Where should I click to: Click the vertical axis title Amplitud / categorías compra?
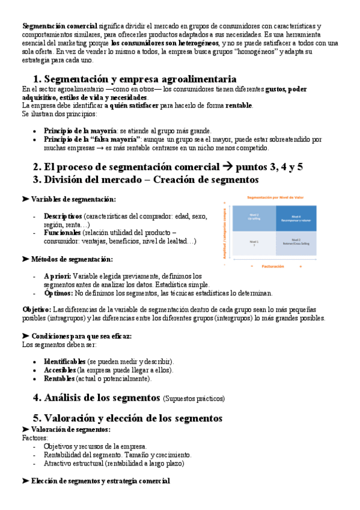[224, 231]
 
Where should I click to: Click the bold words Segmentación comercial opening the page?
[59, 26]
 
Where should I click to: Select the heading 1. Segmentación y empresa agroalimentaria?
[134, 79]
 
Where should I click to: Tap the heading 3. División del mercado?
[146, 179]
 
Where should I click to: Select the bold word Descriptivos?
[63, 216]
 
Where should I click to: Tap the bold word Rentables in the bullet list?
[59, 379]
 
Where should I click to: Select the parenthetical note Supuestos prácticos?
[194, 399]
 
